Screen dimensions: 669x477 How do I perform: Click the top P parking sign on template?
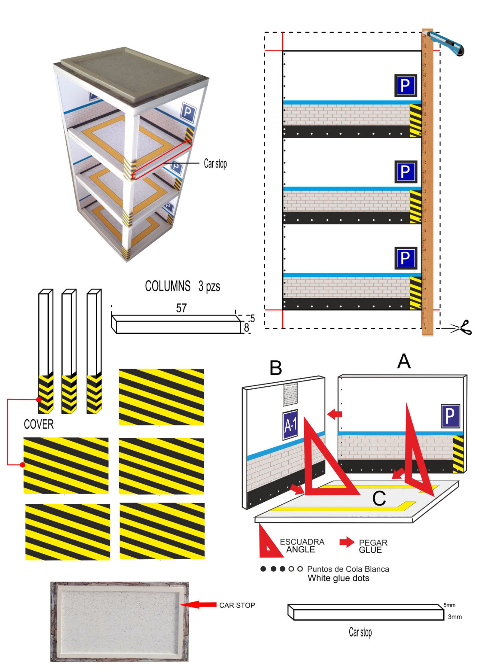(405, 86)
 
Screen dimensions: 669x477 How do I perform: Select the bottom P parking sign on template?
(405, 258)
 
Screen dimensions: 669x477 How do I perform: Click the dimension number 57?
(181, 308)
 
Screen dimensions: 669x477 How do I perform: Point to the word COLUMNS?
(168, 286)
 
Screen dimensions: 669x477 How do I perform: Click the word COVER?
(39, 424)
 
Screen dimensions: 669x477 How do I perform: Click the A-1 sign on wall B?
(290, 425)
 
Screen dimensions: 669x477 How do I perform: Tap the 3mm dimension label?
(454, 617)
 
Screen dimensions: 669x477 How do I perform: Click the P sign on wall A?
(450, 416)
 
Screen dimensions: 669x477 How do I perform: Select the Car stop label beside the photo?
(215, 164)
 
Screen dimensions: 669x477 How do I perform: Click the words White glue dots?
(338, 578)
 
